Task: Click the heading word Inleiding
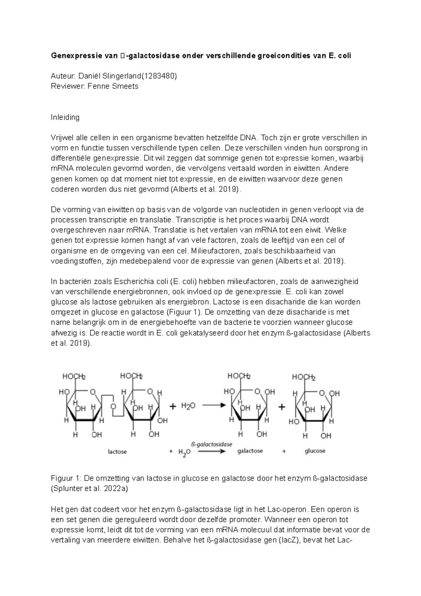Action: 65,117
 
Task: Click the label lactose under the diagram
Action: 117,452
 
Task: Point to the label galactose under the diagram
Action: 250,451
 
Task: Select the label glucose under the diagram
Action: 315,451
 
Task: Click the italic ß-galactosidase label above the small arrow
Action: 212,444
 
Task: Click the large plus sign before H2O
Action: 173,406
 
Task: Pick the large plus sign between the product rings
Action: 282,407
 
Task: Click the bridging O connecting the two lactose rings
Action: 113,406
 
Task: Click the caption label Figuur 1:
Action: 66,478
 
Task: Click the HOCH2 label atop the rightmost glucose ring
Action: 304,378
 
